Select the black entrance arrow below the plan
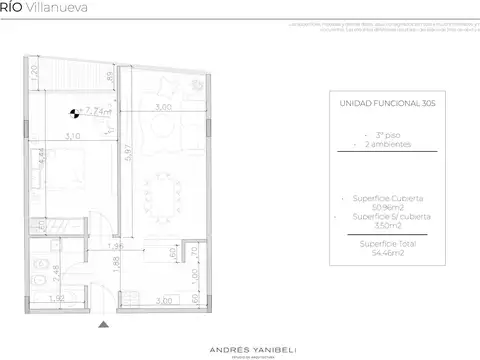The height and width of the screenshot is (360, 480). (103, 323)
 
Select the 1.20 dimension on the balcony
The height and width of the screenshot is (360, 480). (33, 73)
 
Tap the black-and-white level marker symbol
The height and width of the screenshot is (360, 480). (73, 114)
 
